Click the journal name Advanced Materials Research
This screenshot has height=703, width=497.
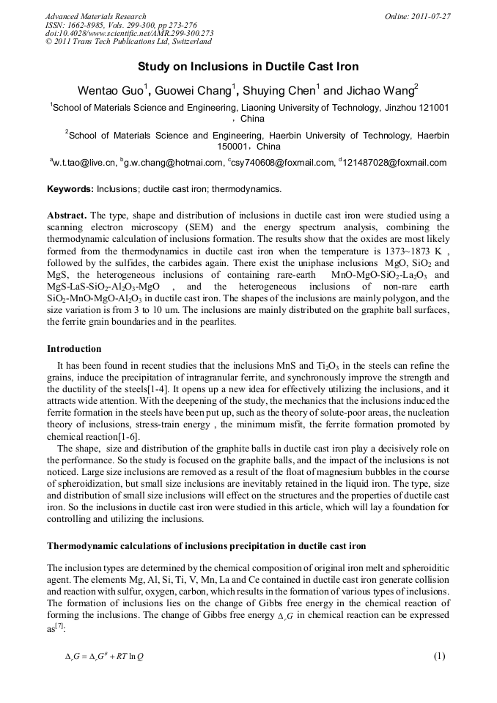point(95,15)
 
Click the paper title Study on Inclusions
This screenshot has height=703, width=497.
point(248,67)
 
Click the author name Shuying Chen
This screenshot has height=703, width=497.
point(281,91)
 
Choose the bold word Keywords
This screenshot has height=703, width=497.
point(70,189)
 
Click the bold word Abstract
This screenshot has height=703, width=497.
point(67,215)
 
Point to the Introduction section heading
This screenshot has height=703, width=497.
point(74,348)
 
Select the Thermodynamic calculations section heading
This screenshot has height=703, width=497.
point(206,546)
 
